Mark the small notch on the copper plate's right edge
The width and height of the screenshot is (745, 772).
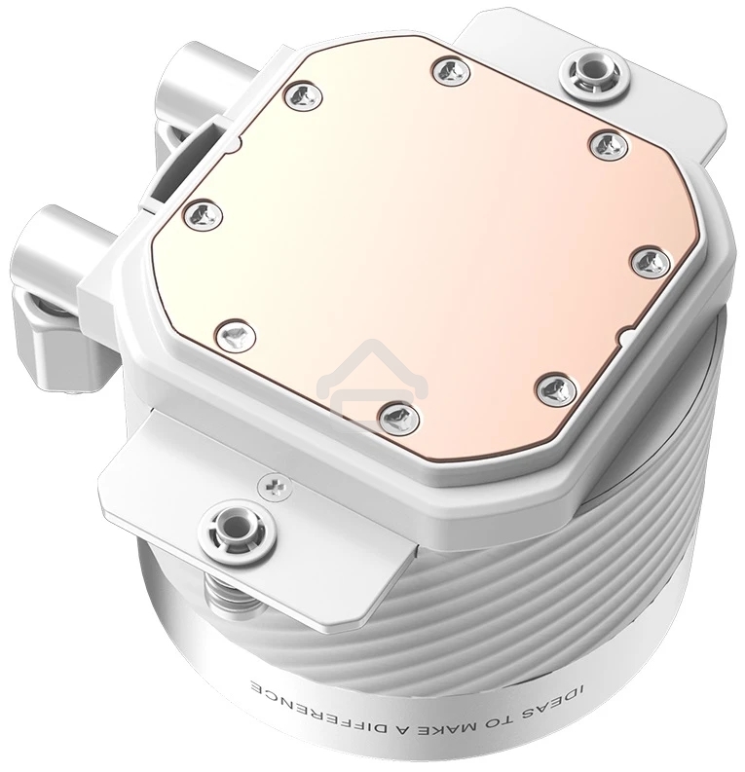click(624, 337)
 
